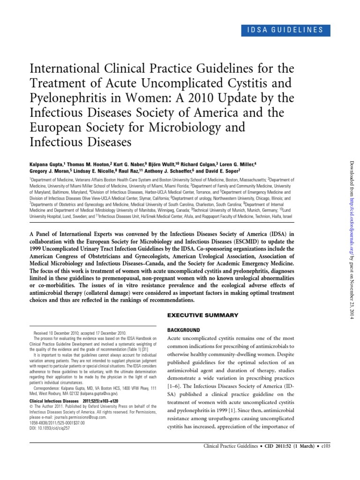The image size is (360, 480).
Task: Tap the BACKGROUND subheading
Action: point(183,330)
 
